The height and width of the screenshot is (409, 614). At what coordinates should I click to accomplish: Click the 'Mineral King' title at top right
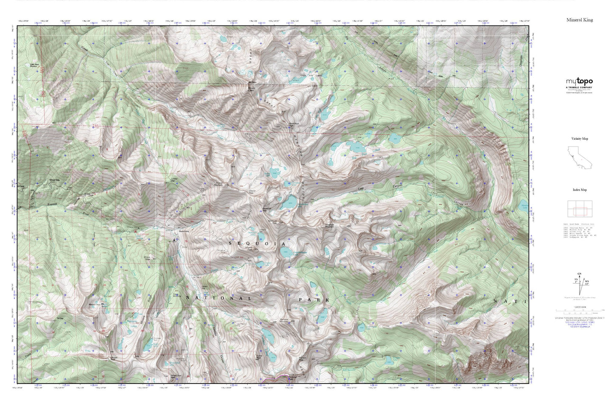tap(579, 20)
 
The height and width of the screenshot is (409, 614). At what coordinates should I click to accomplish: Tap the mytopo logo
tap(579, 82)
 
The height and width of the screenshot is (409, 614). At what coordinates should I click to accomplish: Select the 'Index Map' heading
tap(580, 190)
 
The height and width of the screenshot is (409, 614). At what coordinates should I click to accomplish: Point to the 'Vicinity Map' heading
tap(580, 138)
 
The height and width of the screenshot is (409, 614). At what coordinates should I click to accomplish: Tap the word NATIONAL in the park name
tap(219, 298)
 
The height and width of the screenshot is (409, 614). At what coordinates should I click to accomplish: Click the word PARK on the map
tap(314, 300)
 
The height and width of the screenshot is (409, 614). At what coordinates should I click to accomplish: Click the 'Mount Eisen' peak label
tap(252, 89)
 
